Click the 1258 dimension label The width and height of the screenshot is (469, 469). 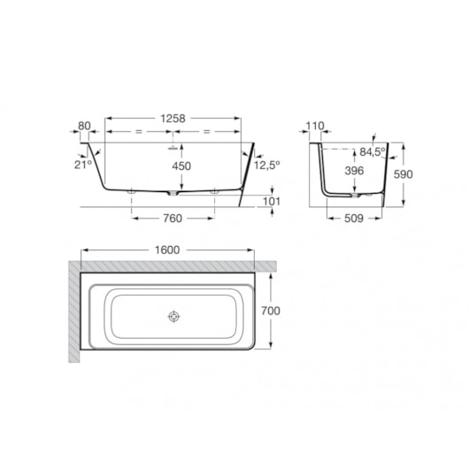(173, 119)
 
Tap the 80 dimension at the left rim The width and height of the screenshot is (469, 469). (84, 126)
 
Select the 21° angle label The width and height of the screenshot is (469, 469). (83, 165)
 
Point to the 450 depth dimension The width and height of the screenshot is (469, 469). (181, 166)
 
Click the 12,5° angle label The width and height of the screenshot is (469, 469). (267, 165)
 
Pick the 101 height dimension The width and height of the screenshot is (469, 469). (272, 202)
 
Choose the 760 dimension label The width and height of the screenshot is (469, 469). (173, 219)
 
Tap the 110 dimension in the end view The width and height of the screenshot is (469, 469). (315, 126)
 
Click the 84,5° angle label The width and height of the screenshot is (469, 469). (373, 152)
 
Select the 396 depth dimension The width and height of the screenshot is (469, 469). (355, 171)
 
